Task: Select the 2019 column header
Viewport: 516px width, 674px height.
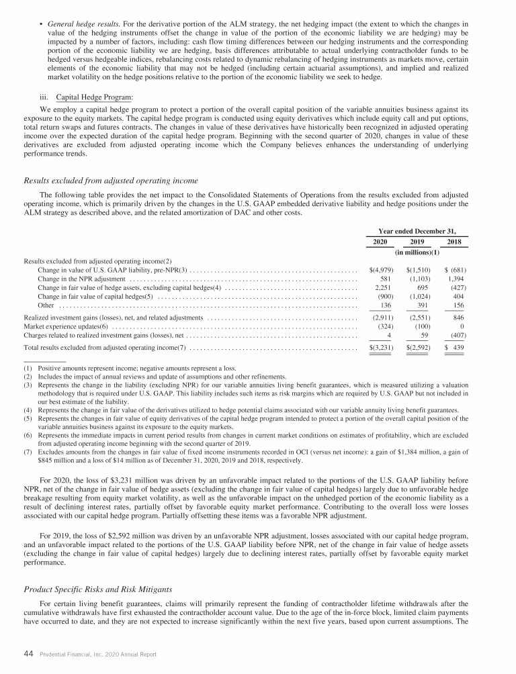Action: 418,242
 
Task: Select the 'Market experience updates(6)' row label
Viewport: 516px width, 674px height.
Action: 66,326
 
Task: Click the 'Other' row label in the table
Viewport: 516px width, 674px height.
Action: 46,305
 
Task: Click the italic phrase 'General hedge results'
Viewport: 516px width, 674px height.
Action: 73,24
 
